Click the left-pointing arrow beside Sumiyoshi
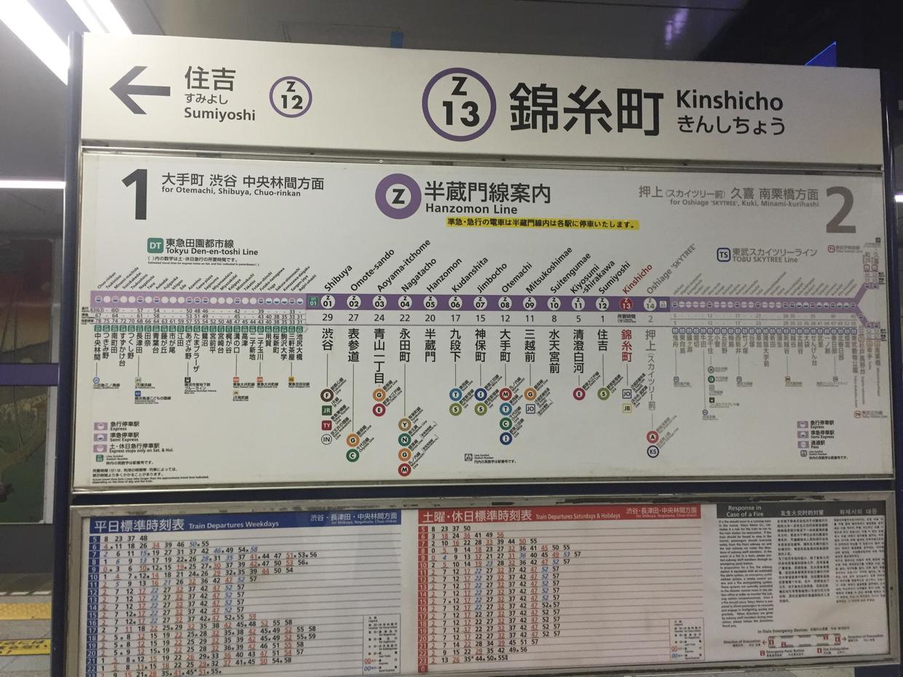pyautogui.click(x=139, y=90)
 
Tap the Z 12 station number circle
pyautogui.click(x=291, y=97)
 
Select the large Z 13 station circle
pyautogui.click(x=459, y=104)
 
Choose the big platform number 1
pyautogui.click(x=136, y=194)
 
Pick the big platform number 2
pyautogui.click(x=840, y=210)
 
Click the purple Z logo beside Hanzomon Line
pyautogui.click(x=398, y=196)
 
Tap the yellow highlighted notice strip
pyautogui.click(x=543, y=224)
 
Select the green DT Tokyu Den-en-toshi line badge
pyautogui.click(x=154, y=245)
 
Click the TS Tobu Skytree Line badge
pyautogui.click(x=723, y=254)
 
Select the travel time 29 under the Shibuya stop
pyautogui.click(x=327, y=317)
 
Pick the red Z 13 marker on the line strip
pyautogui.click(x=626, y=304)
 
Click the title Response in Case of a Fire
pyautogui.click(x=744, y=511)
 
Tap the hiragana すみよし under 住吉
pyautogui.click(x=206, y=98)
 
